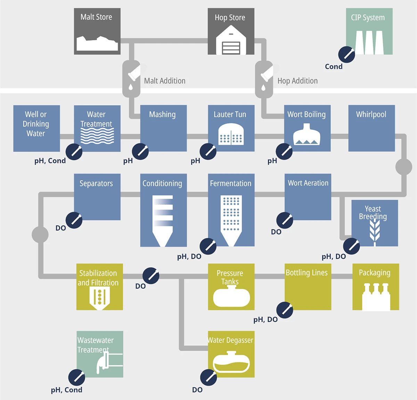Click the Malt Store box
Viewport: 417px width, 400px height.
[x=97, y=31]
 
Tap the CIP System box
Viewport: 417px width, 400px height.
[x=369, y=31]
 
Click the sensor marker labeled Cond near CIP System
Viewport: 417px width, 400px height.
[x=346, y=54]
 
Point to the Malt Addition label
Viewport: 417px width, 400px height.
[x=165, y=81]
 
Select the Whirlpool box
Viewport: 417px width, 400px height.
[x=371, y=128]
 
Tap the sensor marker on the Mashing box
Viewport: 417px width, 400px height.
[x=140, y=151]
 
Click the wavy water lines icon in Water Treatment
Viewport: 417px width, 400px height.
[x=97, y=136]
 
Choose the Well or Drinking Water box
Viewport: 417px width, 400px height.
[x=36, y=128]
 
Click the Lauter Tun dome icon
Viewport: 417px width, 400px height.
[x=231, y=135]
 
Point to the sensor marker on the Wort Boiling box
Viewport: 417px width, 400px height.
[x=284, y=151]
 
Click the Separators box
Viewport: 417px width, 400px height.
[x=97, y=197]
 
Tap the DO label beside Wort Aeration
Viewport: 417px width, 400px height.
[x=276, y=232]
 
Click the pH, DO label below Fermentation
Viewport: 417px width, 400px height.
[x=189, y=256]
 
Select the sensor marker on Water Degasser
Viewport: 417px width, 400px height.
[x=208, y=377]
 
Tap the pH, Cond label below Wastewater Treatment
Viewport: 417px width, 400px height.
[x=66, y=390]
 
